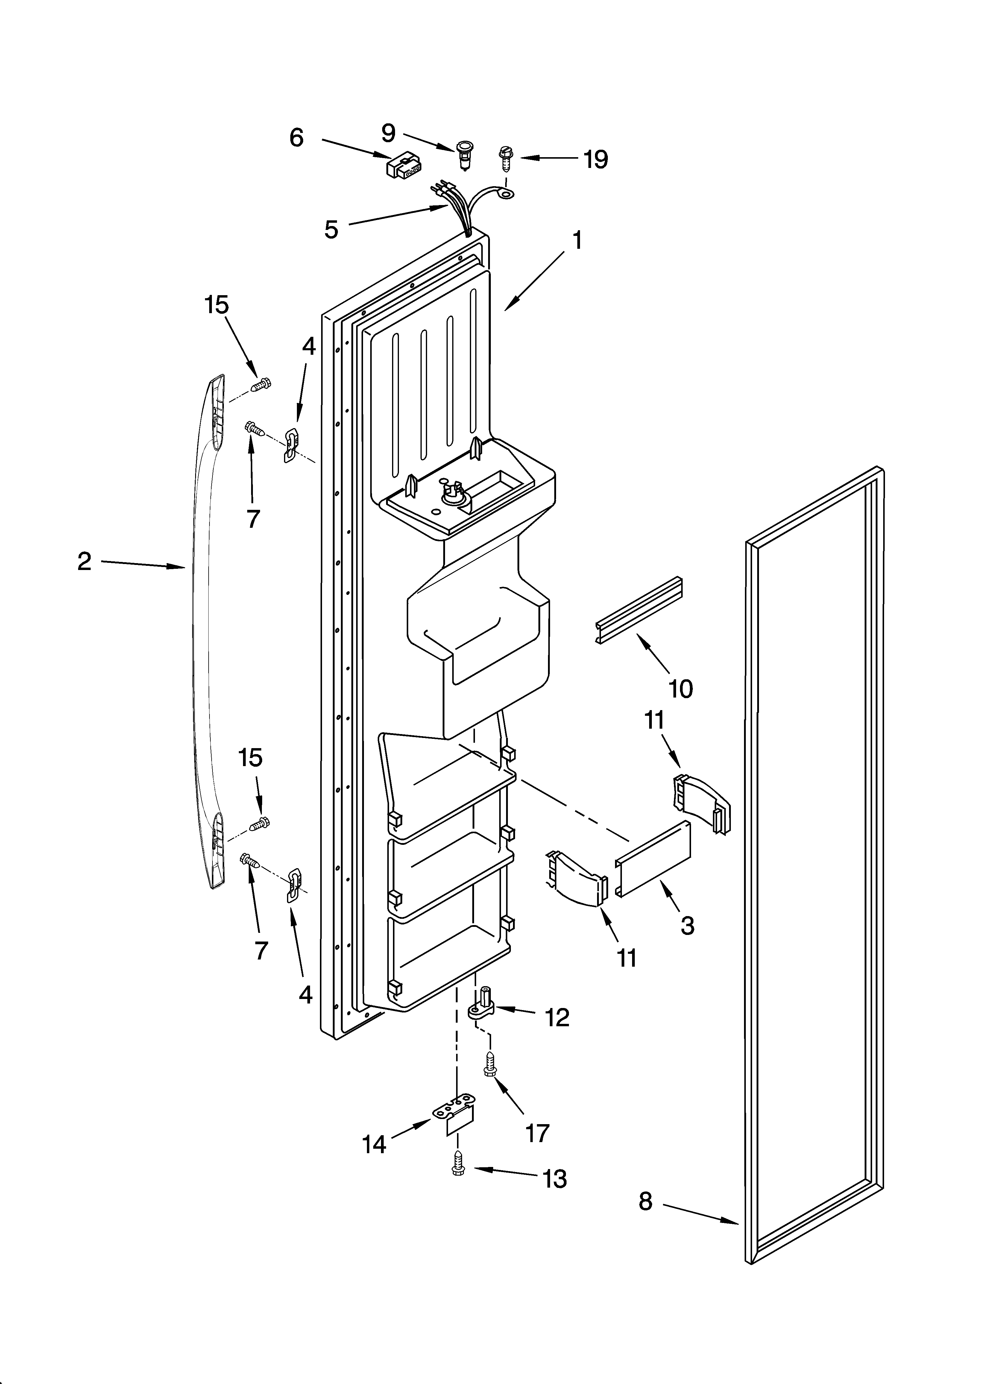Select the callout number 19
pyautogui.click(x=595, y=159)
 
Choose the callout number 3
pyautogui.click(x=687, y=926)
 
